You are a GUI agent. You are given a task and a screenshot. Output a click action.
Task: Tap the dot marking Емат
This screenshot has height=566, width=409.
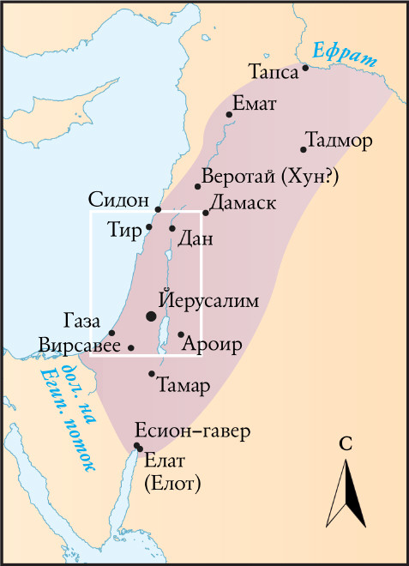tap(229, 114)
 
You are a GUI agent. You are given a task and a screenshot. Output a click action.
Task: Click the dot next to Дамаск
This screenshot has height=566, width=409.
tap(206, 212)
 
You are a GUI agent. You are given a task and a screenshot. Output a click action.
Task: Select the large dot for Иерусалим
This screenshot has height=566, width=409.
tap(152, 316)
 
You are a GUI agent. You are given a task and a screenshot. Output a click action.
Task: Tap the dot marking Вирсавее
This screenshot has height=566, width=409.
tap(130, 347)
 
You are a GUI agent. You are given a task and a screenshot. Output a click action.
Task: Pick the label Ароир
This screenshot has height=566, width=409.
tap(213, 345)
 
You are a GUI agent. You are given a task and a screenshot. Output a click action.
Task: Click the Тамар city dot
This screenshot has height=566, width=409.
tap(152, 373)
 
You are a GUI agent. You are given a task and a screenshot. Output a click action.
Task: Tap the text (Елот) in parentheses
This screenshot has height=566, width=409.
tap(171, 484)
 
